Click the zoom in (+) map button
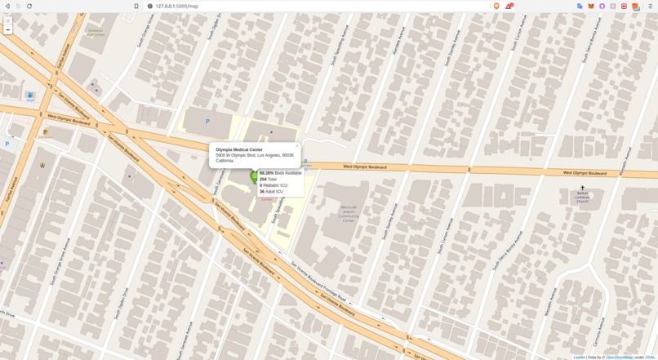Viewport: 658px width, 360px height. tap(8, 21)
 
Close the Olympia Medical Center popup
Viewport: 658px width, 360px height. tap(297, 146)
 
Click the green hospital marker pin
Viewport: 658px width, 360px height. tap(254, 176)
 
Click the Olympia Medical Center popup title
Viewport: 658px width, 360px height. tap(239, 149)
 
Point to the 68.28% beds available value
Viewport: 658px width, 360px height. tap(267, 173)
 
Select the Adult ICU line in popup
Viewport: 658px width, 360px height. tap(272, 192)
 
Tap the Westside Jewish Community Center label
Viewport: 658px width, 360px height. tap(349, 214)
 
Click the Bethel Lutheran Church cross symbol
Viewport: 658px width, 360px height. tap(582, 188)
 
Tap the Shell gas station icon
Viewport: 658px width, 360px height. tap(30, 96)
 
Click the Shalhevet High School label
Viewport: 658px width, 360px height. tap(96, 33)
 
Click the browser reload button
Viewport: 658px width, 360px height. tap(29, 6)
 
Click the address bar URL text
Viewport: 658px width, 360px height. tap(177, 6)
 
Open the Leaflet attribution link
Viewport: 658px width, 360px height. tap(579, 357)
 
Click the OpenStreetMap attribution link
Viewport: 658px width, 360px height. tap(618, 357)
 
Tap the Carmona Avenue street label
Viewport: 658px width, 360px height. tap(598, 331)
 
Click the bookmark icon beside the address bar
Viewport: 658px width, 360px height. tap(136, 6)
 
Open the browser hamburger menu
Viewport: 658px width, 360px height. tap(651, 6)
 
